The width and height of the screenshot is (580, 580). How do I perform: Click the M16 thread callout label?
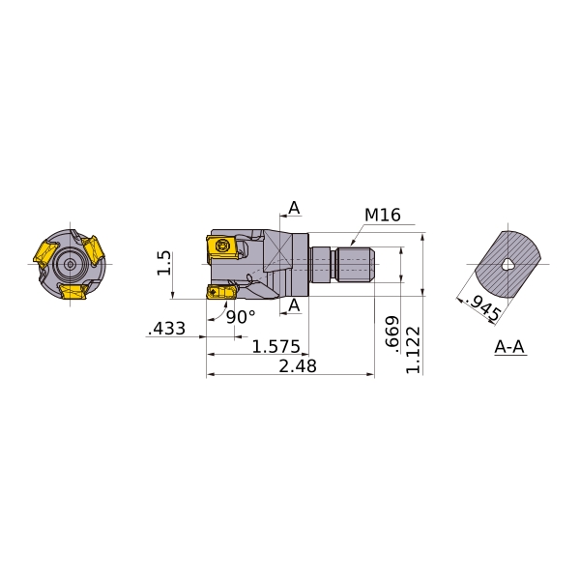[x=383, y=215]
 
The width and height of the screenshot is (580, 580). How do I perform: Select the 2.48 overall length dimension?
[x=298, y=366]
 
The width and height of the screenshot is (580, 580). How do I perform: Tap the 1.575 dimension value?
[x=275, y=347]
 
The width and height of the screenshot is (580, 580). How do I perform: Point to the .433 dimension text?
[x=166, y=329]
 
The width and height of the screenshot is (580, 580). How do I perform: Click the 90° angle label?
[x=241, y=317]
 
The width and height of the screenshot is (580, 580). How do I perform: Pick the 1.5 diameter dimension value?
[x=164, y=263]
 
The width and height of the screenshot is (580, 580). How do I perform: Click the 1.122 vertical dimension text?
[x=413, y=350]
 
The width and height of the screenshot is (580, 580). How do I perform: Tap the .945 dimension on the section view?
[x=484, y=307]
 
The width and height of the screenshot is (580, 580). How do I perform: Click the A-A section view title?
[x=509, y=347]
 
